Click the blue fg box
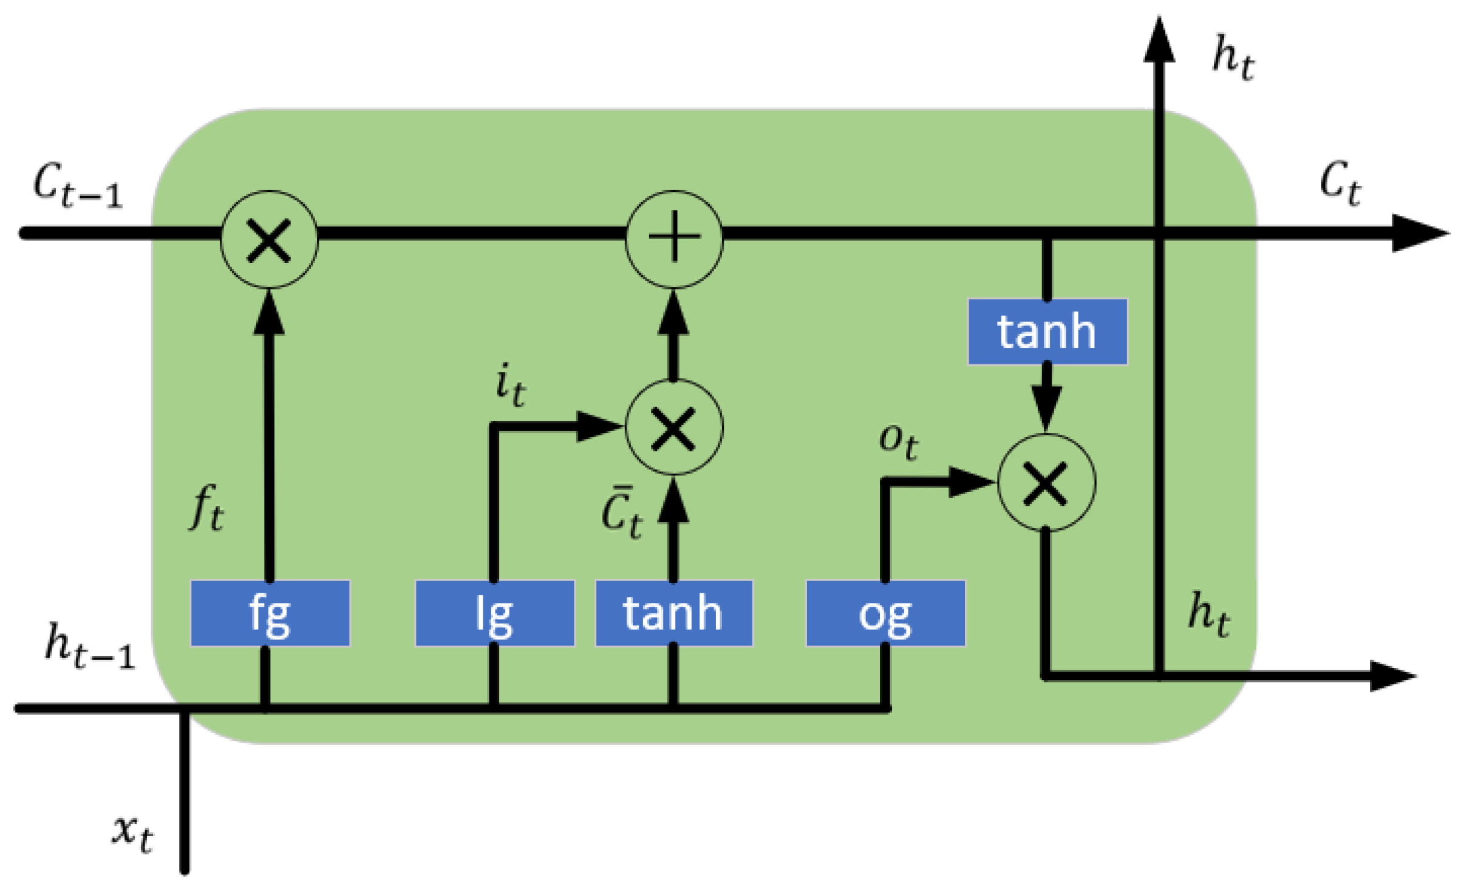270,613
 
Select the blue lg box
494,613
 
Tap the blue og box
885,613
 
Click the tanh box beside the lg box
673,613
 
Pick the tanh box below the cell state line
1047,332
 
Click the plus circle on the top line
674,239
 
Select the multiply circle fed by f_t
268,239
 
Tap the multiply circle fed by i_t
674,427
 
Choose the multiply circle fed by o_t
1046,483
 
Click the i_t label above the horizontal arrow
509,384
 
